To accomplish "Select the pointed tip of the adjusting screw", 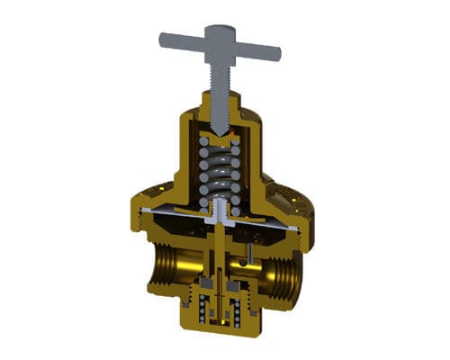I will [x=218, y=132].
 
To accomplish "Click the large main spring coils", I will [x=219, y=171].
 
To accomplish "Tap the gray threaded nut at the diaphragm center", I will [x=219, y=214].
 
